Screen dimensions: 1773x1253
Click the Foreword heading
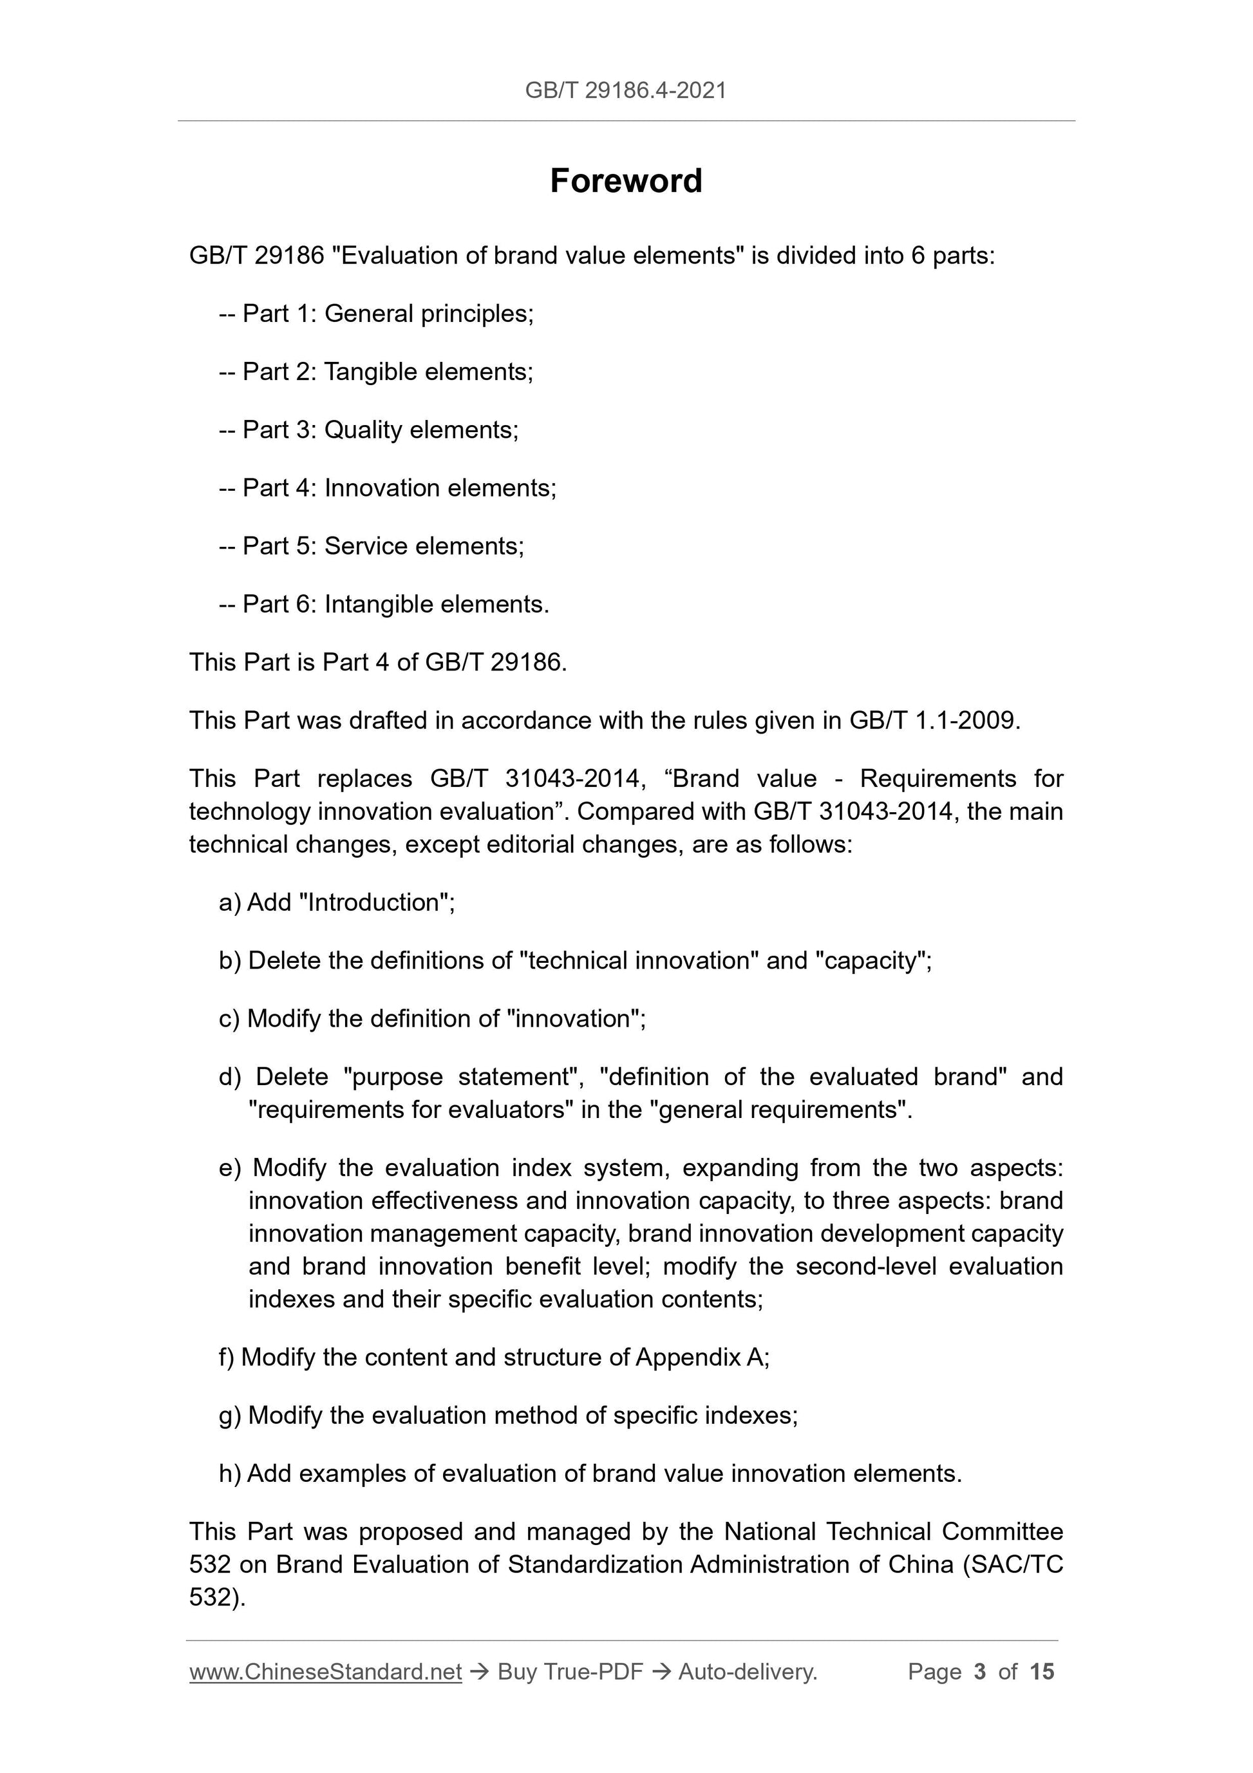tap(626, 181)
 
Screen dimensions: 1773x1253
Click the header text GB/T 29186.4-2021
tap(626, 91)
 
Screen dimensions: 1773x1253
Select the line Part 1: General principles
tap(376, 314)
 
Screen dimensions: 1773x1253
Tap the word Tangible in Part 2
tap(371, 372)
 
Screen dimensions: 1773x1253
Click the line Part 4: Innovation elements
tap(388, 488)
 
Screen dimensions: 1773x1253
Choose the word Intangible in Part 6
tap(379, 604)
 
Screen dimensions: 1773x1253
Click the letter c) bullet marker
tap(229, 1019)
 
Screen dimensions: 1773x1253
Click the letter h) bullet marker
tap(229, 1474)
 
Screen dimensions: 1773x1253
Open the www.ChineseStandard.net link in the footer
tap(325, 1672)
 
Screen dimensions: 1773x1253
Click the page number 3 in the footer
tap(980, 1672)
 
